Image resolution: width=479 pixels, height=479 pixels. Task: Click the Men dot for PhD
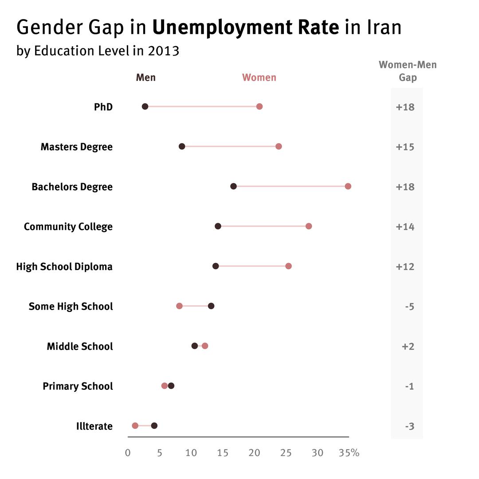(145, 106)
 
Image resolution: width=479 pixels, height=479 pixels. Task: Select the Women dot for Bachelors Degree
(348, 186)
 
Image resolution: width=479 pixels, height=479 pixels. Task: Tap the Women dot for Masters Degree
(279, 146)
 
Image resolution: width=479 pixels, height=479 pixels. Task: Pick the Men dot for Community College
(218, 226)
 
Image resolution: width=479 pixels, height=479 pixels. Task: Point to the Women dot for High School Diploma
(288, 266)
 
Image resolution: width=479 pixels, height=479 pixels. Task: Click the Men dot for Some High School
(211, 306)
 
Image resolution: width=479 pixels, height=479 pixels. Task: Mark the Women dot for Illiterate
(135, 426)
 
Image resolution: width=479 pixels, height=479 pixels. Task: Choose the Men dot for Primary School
(171, 386)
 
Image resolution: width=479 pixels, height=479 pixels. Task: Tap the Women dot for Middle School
(205, 346)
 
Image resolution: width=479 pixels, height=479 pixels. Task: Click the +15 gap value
(405, 147)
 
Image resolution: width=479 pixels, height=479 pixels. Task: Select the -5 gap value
(409, 306)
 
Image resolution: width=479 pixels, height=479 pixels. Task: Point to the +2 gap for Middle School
(408, 346)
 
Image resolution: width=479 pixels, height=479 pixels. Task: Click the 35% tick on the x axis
(349, 453)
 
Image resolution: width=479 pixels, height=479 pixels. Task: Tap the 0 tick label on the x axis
(128, 453)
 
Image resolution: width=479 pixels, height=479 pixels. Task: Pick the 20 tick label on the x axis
(254, 453)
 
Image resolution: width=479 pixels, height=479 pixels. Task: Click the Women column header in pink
(259, 78)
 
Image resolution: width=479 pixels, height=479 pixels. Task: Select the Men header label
(145, 78)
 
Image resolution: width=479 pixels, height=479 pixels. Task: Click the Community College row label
(68, 227)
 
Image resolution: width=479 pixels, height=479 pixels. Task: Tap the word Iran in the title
(384, 27)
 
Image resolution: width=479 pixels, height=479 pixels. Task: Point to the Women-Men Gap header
(408, 71)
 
